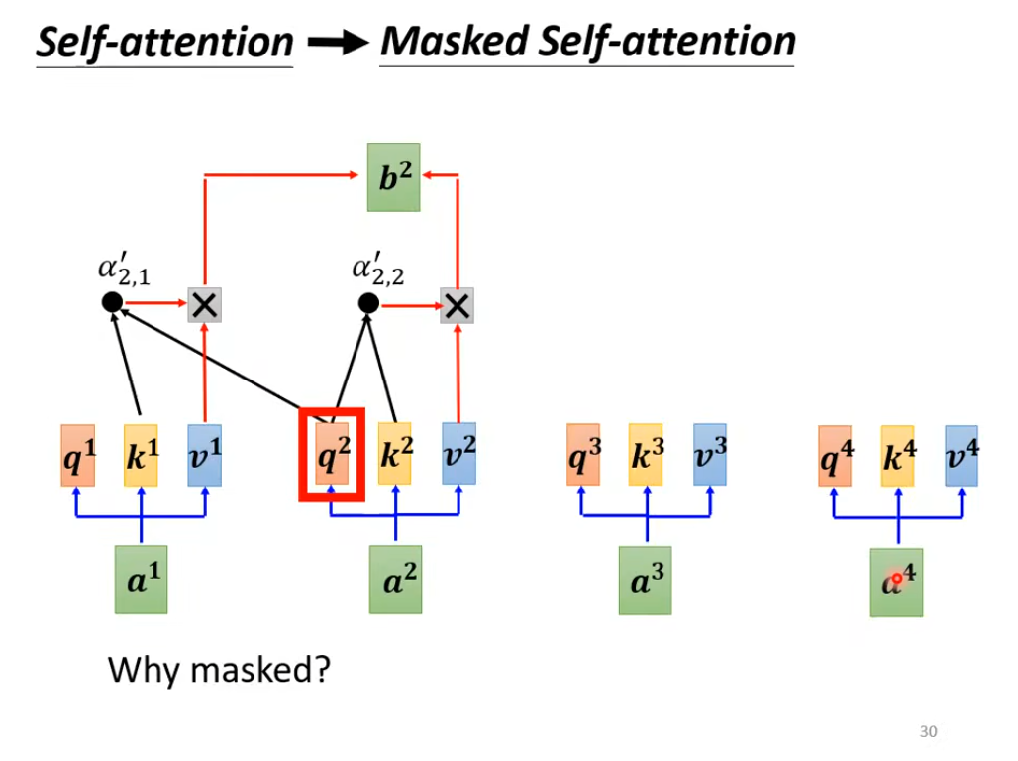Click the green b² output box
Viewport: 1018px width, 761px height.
[393, 176]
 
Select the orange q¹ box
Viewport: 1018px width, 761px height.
[77, 456]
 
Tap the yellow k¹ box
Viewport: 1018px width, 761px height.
[141, 456]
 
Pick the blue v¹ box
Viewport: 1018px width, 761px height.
[204, 456]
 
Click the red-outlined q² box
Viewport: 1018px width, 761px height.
[334, 456]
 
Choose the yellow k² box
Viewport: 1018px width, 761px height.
[396, 456]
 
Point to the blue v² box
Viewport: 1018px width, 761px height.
[458, 456]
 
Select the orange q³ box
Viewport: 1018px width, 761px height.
[583, 456]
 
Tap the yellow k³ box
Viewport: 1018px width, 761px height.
[646, 456]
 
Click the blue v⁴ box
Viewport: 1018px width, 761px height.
[962, 456]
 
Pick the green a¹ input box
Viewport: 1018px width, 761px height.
[141, 581]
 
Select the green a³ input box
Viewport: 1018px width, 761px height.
[646, 581]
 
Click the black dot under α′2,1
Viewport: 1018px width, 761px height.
[112, 303]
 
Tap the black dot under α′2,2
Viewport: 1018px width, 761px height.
[368, 303]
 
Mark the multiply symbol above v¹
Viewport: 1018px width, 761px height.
[204, 305]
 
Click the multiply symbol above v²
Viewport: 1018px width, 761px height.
[457, 305]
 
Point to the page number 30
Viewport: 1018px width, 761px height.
[928, 732]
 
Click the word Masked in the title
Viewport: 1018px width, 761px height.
[452, 42]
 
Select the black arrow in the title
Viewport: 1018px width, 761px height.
[336, 43]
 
